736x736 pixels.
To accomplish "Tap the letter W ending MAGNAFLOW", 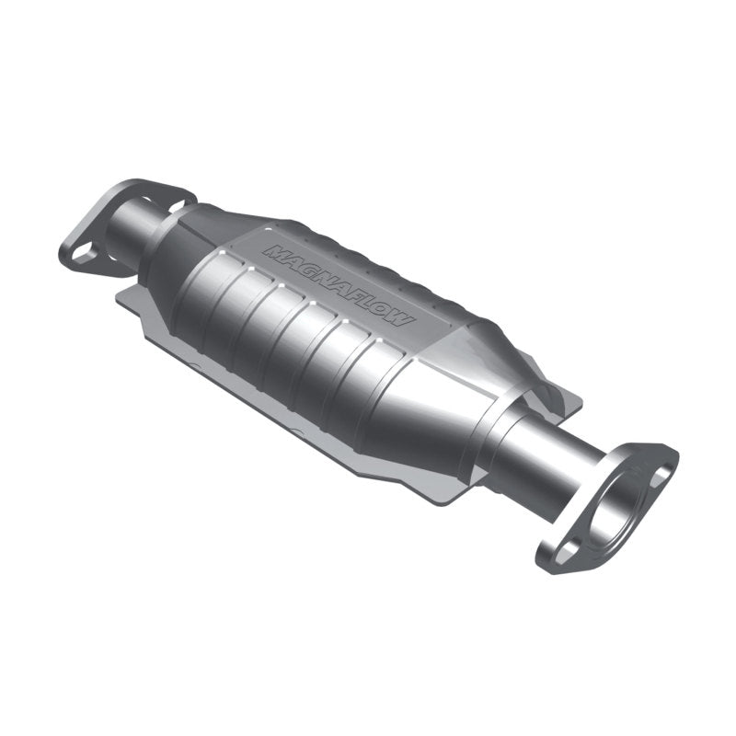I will pos(403,318).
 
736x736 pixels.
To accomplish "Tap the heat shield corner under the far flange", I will pos(124,299).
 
